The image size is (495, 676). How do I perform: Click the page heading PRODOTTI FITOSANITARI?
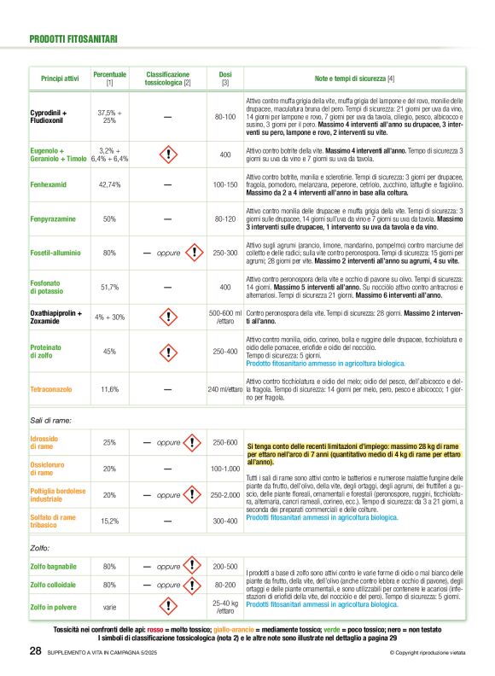coord(74,38)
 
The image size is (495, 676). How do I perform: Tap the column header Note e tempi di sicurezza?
coord(354,79)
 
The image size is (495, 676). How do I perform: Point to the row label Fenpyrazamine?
coord(56,219)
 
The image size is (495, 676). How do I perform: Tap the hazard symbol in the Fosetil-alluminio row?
coord(195,253)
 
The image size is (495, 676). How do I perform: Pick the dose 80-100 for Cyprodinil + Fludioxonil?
coord(225,116)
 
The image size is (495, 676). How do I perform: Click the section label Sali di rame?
coord(51,420)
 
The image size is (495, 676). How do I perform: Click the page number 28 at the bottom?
coord(35,652)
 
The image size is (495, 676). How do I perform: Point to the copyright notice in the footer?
coord(427,653)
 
